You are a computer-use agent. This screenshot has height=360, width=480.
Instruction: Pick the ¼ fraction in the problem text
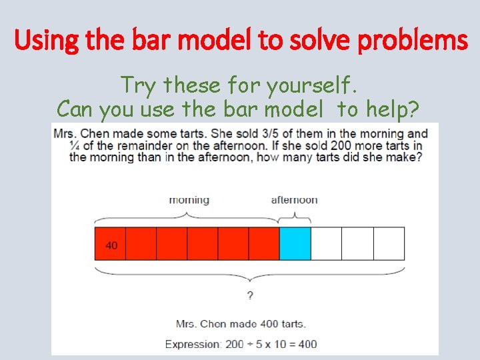(x=74, y=146)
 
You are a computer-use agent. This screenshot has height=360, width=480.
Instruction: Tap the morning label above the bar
(x=189, y=200)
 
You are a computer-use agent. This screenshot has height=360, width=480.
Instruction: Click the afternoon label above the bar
(x=294, y=200)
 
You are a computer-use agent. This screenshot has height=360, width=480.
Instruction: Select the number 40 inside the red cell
(x=111, y=245)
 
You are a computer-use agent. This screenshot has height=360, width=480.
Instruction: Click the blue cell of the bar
(x=295, y=244)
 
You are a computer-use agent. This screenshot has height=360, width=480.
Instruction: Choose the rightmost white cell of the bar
(x=389, y=244)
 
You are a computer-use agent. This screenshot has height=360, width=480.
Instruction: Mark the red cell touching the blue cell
(x=264, y=244)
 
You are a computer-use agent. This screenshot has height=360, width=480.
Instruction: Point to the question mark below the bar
(x=250, y=295)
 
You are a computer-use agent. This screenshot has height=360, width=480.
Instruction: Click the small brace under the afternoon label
(x=294, y=216)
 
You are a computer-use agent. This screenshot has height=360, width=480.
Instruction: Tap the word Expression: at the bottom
(x=193, y=345)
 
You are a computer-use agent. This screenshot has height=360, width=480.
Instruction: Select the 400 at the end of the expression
(x=307, y=345)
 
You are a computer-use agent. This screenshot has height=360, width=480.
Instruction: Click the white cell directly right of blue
(x=326, y=244)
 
